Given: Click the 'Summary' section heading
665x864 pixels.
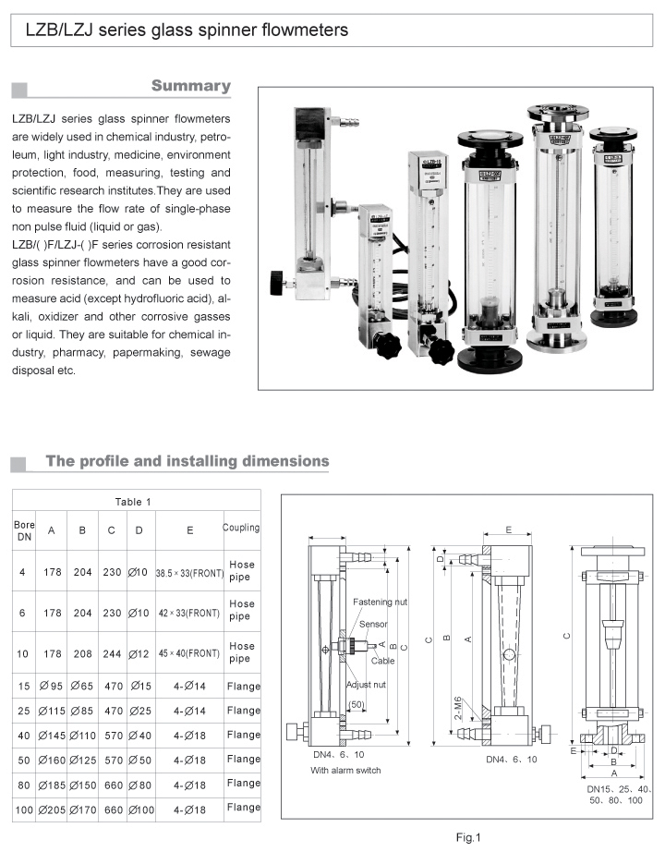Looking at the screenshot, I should [190, 86].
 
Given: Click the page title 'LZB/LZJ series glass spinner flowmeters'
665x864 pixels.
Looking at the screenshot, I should [180, 30].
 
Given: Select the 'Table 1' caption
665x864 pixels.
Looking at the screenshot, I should [134, 502].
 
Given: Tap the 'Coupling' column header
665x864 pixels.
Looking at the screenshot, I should [240, 528].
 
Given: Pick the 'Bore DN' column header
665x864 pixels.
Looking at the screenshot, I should [23, 531].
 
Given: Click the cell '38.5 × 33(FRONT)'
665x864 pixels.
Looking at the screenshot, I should [189, 573].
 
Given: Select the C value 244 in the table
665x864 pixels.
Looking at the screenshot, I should [112, 653].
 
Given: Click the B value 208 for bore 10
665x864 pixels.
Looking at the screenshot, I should [82, 653].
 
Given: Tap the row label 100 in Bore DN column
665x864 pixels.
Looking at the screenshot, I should [23, 809].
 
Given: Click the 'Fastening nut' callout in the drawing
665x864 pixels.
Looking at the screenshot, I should [380, 602].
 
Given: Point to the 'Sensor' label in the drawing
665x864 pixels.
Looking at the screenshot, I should [373, 625].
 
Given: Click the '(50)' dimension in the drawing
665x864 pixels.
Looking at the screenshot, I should [357, 705].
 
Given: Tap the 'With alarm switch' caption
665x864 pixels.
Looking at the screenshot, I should [345, 770].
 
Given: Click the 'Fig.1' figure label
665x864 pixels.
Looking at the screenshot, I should [469, 838].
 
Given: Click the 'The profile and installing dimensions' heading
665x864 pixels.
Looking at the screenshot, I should [187, 460].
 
